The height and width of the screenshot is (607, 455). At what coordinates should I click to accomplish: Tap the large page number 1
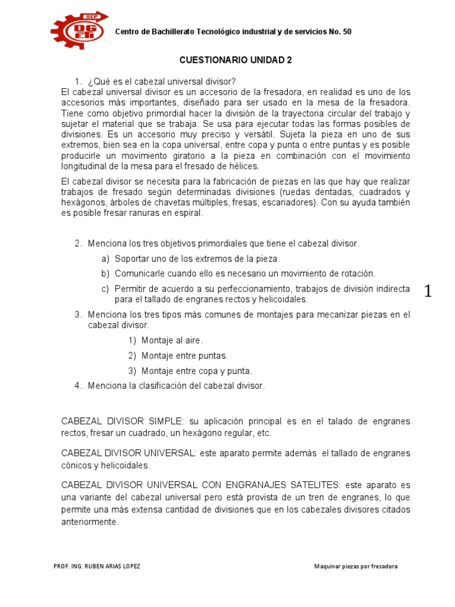(428, 291)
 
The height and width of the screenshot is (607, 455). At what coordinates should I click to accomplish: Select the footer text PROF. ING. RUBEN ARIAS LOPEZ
(97, 566)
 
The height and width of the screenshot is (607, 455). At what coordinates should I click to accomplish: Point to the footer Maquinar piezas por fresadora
(356, 566)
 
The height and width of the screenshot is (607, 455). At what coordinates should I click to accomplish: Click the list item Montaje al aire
(172, 340)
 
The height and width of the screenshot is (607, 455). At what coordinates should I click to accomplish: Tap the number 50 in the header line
(347, 31)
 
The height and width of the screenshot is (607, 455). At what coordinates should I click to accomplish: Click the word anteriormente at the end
(90, 522)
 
